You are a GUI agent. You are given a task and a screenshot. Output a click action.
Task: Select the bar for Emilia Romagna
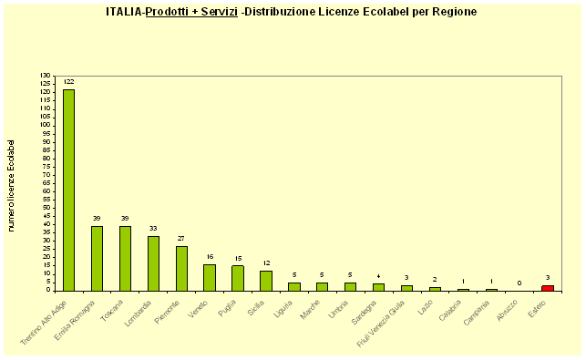(97, 258)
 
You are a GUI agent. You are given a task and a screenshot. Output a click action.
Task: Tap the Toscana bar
(125, 258)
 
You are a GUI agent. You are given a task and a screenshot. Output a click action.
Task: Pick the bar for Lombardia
(153, 263)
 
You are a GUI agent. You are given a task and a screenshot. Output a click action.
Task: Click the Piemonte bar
(181, 268)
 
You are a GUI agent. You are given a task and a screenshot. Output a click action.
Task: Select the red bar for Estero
(548, 288)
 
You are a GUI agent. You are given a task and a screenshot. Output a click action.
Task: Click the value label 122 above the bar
(68, 82)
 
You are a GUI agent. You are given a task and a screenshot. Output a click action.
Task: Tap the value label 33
(153, 229)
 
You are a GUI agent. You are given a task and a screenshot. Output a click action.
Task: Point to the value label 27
(181, 239)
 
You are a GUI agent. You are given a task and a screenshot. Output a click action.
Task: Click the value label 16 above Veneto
(210, 257)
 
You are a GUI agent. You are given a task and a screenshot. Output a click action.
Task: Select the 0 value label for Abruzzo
(519, 283)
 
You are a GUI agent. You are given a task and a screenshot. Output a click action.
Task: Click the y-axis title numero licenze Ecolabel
(12, 185)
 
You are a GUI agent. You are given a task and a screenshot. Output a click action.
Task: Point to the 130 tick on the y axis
(46, 76)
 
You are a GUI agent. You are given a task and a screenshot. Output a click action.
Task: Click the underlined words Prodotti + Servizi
(191, 12)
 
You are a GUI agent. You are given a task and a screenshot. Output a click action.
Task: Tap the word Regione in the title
(453, 12)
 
